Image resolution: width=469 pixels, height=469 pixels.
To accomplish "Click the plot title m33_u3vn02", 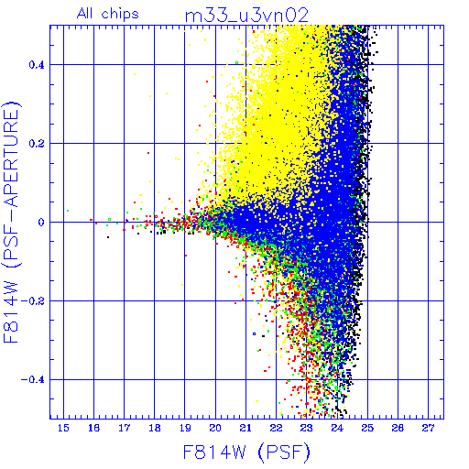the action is coord(246,15).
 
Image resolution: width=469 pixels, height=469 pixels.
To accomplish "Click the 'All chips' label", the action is coord(108,14).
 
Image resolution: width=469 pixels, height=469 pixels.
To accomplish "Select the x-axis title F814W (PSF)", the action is coord(246,452).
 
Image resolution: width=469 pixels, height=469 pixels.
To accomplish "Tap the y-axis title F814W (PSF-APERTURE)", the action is coord(11,222).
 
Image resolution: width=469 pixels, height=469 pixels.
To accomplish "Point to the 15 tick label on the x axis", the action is coord(63,428).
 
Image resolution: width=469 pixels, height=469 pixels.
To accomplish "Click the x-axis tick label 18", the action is coord(155,428).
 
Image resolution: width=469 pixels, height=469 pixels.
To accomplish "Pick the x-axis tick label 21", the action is coord(245,428).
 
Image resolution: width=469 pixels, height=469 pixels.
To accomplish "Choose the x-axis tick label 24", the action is coord(337,428).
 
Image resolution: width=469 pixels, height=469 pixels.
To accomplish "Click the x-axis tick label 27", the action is coord(428,428).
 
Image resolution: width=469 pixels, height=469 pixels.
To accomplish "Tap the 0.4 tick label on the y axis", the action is coord(37,65).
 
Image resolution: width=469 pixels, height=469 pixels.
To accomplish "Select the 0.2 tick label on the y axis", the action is coord(37,144).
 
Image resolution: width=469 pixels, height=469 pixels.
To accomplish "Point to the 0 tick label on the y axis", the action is coord(41,223).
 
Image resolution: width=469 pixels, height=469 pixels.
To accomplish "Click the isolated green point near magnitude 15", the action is coord(68,211).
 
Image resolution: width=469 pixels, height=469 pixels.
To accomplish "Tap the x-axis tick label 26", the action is coord(398,428).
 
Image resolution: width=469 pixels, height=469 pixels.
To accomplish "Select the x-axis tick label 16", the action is coord(93,428).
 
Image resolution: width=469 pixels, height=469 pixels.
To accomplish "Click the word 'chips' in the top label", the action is coord(120,14).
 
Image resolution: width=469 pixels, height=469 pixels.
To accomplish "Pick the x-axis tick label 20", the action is coord(215,428).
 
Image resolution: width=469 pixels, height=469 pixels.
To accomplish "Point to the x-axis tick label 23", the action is coord(306,428).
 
